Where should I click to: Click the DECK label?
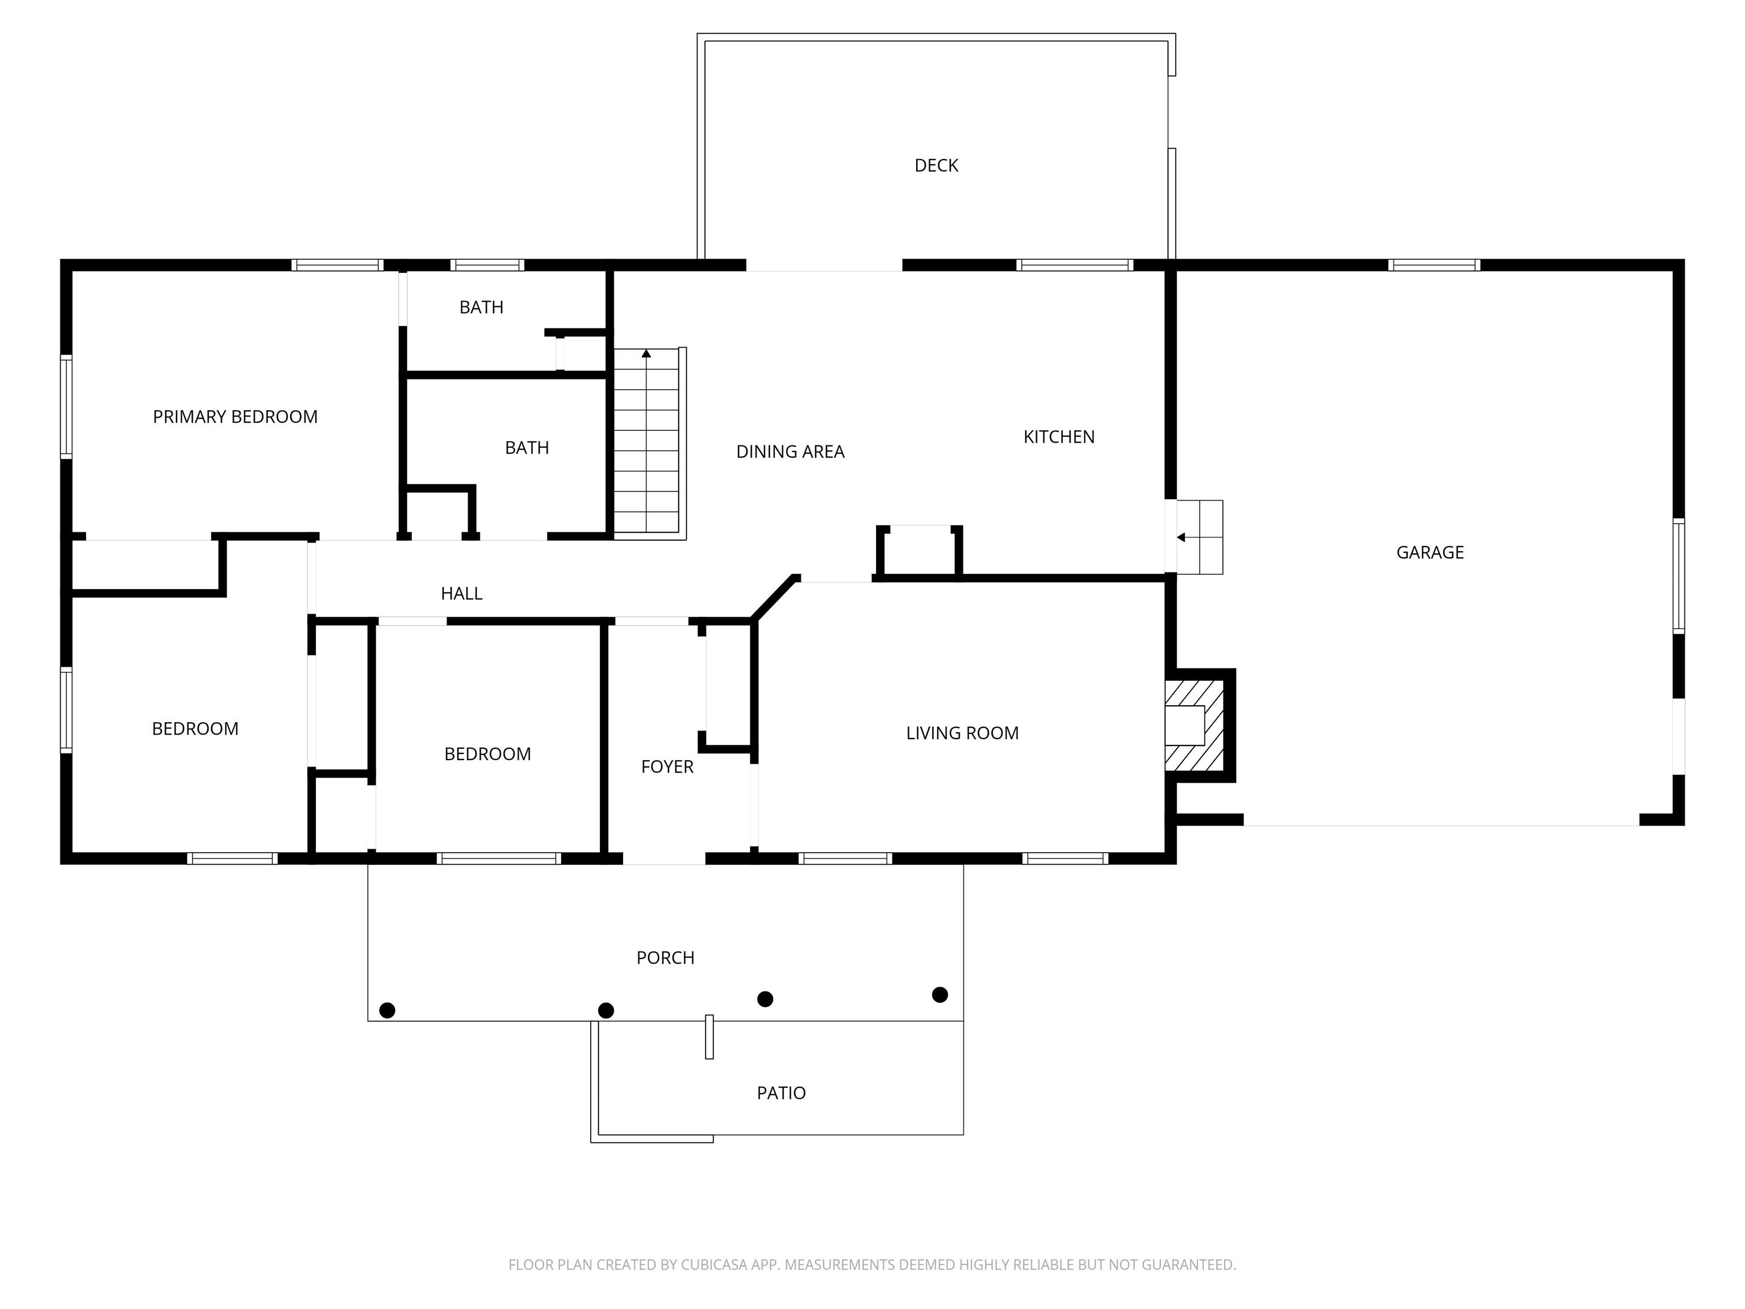coord(936,166)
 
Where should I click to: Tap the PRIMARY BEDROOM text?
coord(235,416)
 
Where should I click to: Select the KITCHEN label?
coord(1059,437)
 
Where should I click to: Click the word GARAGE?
coord(1429,552)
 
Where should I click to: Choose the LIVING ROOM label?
coord(962,733)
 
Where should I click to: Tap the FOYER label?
coord(667,767)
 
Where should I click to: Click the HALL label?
coord(461,593)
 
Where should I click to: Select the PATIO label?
coord(781,1093)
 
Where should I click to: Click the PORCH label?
coord(665,958)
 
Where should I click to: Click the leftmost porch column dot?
coord(387,1010)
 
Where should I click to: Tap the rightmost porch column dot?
coord(940,994)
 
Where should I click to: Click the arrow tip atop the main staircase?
coord(646,353)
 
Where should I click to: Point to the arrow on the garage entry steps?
coord(1181,537)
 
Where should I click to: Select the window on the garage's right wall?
coord(1679,576)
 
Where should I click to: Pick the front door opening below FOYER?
coord(663,858)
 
